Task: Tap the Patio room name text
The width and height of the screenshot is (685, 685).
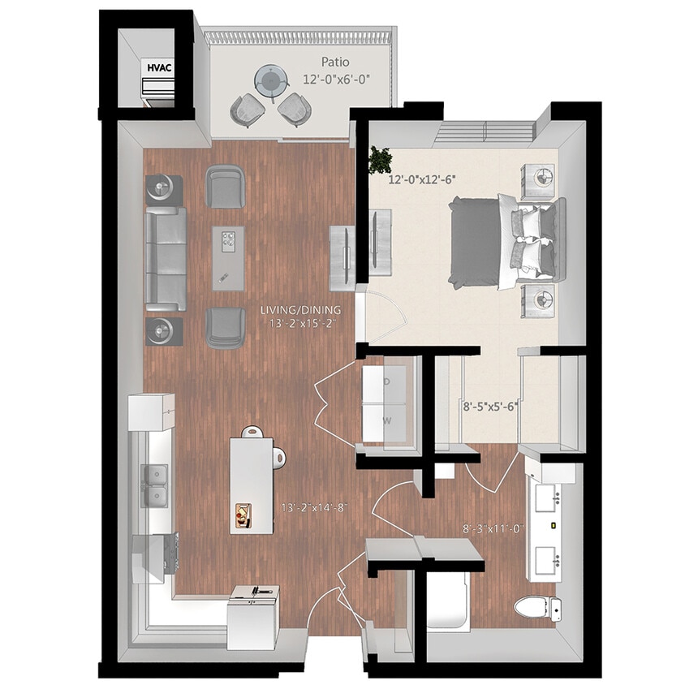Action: click(x=334, y=61)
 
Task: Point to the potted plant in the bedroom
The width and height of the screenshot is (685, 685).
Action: click(x=378, y=159)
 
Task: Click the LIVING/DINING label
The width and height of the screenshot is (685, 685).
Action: click(x=301, y=310)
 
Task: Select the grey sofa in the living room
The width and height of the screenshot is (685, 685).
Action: click(x=166, y=258)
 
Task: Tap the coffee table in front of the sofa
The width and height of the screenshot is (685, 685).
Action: click(x=228, y=257)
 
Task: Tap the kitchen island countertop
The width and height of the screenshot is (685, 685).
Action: click(x=251, y=485)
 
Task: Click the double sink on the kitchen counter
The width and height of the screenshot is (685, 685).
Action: click(x=156, y=485)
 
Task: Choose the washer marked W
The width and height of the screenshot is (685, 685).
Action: click(x=387, y=421)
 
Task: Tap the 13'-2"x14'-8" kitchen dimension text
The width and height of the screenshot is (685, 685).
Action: click(x=314, y=508)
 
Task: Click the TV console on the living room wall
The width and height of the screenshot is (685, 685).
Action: click(x=342, y=256)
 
